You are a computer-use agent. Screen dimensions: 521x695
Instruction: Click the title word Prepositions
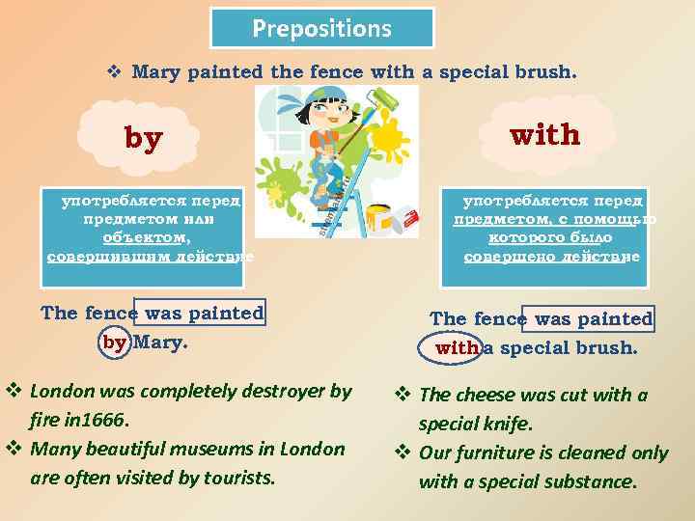pos(322,28)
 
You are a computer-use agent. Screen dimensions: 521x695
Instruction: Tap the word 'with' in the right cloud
pos(545,134)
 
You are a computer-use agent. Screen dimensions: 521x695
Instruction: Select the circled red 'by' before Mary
pos(115,342)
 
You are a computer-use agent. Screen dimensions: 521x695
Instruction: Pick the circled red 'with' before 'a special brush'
pos(456,347)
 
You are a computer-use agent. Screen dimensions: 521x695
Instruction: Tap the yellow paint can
pos(379,221)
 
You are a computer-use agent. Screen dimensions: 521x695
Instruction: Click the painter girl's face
pos(319,115)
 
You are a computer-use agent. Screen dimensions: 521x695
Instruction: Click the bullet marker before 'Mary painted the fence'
pos(113,71)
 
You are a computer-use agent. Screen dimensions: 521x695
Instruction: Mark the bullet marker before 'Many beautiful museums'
pos(14,449)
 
